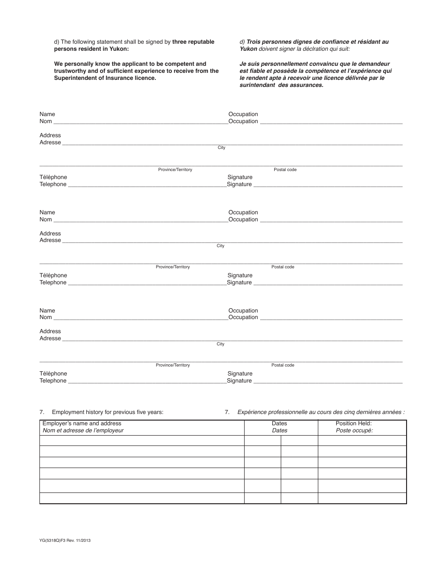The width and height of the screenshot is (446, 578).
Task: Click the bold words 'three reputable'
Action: tap(193, 42)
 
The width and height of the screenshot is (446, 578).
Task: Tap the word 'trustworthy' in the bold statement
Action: tap(70, 71)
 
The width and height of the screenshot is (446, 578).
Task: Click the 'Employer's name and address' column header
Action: tap(82, 423)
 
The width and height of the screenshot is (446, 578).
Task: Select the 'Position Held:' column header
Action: tap(354, 423)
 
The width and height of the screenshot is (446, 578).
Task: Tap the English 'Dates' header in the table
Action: tap(279, 423)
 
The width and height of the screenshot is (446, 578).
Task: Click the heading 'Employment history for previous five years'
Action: tap(108, 412)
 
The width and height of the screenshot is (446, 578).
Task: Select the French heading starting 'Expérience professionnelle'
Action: tap(321, 412)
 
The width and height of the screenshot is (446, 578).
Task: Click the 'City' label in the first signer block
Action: tap(221, 148)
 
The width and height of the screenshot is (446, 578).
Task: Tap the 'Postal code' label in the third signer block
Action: tap(283, 365)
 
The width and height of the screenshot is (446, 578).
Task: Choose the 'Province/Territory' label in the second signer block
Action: tap(173, 267)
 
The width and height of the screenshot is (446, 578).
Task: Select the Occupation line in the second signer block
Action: tap(331, 220)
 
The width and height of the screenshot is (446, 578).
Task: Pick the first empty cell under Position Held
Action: tap(362, 441)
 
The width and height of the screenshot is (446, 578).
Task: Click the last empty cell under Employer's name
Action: tap(142, 498)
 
